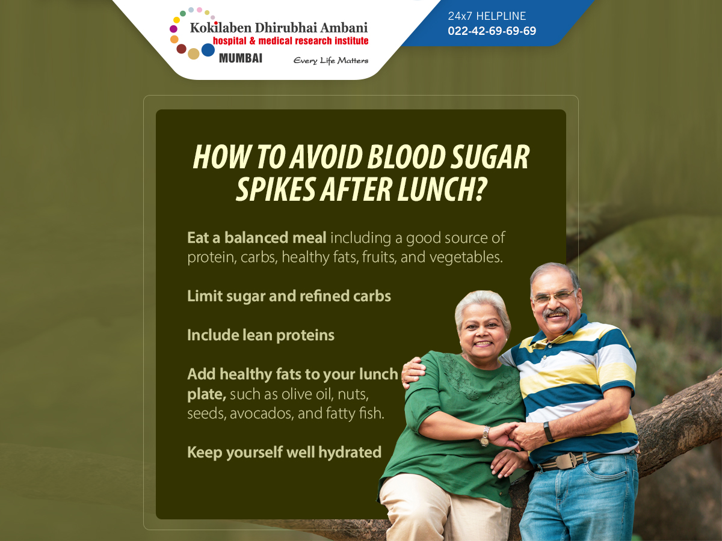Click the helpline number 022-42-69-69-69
pyautogui.click(x=492, y=31)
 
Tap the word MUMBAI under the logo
pyautogui.click(x=241, y=58)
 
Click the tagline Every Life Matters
pyautogui.click(x=330, y=61)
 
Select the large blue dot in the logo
pyautogui.click(x=208, y=50)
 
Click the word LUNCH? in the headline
pyautogui.click(x=442, y=189)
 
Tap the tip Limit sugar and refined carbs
pyautogui.click(x=289, y=296)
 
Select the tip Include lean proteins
pyautogui.click(x=261, y=335)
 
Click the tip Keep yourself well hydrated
pyautogui.click(x=284, y=452)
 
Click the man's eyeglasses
pyautogui.click(x=555, y=296)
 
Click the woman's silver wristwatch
pyautogui.click(x=485, y=436)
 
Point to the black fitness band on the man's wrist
pyautogui.click(x=549, y=431)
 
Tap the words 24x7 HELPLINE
pyautogui.click(x=487, y=16)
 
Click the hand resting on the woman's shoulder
pyautogui.click(x=413, y=371)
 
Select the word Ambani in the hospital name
pyautogui.click(x=344, y=28)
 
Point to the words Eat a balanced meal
pyautogui.click(x=256, y=237)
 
